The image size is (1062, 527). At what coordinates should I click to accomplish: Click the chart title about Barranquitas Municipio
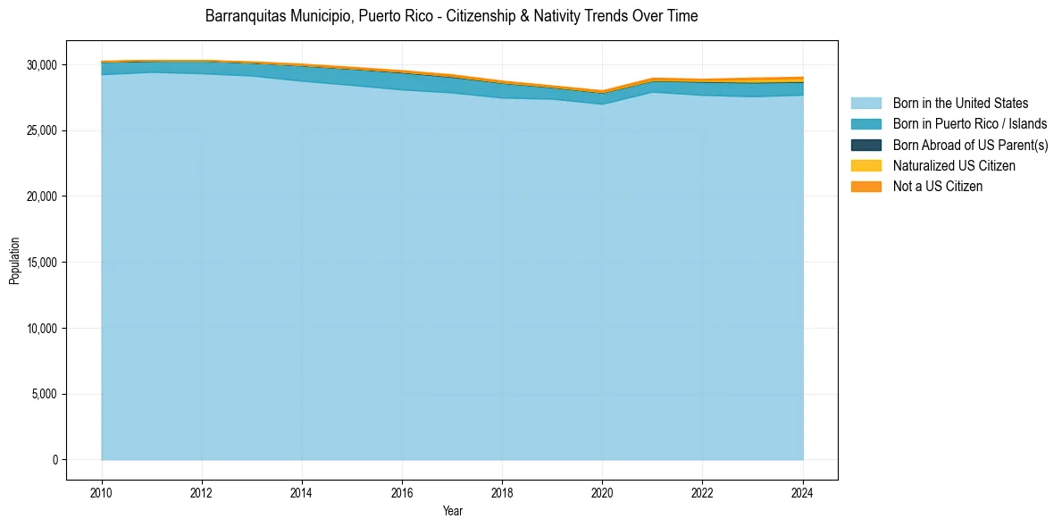pos(451,16)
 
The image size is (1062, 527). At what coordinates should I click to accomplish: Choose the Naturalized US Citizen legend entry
pos(954,166)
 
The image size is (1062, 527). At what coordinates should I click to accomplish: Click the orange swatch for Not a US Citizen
pos(865,187)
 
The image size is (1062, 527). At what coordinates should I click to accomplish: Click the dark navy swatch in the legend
pos(865,145)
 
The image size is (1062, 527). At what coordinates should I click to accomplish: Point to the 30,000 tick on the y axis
pos(43,65)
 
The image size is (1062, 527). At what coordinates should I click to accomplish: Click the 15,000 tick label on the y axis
pos(43,263)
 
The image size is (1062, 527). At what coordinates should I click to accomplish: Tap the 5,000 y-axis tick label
pos(46,394)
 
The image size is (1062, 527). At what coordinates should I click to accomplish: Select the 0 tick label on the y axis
pos(54,460)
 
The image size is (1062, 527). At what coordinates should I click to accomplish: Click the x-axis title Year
pos(452,511)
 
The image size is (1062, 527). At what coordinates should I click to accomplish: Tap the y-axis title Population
pos(14,261)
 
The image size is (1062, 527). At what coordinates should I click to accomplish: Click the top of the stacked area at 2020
pos(603,91)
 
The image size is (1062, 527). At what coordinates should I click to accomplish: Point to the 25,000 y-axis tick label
pos(43,131)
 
